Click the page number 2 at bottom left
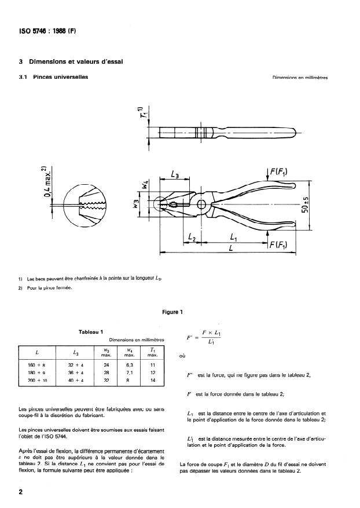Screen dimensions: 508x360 (x=21, y=492)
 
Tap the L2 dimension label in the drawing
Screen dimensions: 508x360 (x=192, y=238)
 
